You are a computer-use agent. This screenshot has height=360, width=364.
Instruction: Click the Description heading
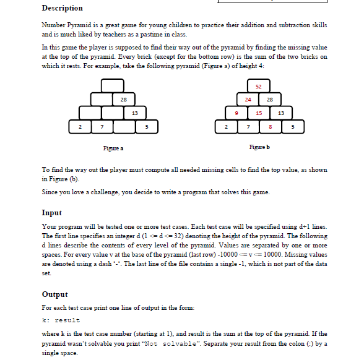pos(62,8)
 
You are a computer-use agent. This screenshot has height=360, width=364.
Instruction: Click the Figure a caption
pos(113,148)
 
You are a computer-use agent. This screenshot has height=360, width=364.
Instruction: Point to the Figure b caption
pos(259,148)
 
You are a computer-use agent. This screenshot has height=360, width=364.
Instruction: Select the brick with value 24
pos(247,99)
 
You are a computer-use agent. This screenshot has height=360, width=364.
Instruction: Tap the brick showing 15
pos(259,113)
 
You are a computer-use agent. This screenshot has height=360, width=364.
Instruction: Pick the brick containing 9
pos(236,113)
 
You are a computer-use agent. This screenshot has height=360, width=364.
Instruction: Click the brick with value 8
pos(270,127)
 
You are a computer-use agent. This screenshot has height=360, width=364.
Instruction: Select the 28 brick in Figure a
pos(123,99)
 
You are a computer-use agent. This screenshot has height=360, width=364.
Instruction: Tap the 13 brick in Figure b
pos(281,113)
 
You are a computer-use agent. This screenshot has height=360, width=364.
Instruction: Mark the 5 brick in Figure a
pos(146,127)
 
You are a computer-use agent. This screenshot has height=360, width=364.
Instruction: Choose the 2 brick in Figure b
pos(225,127)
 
